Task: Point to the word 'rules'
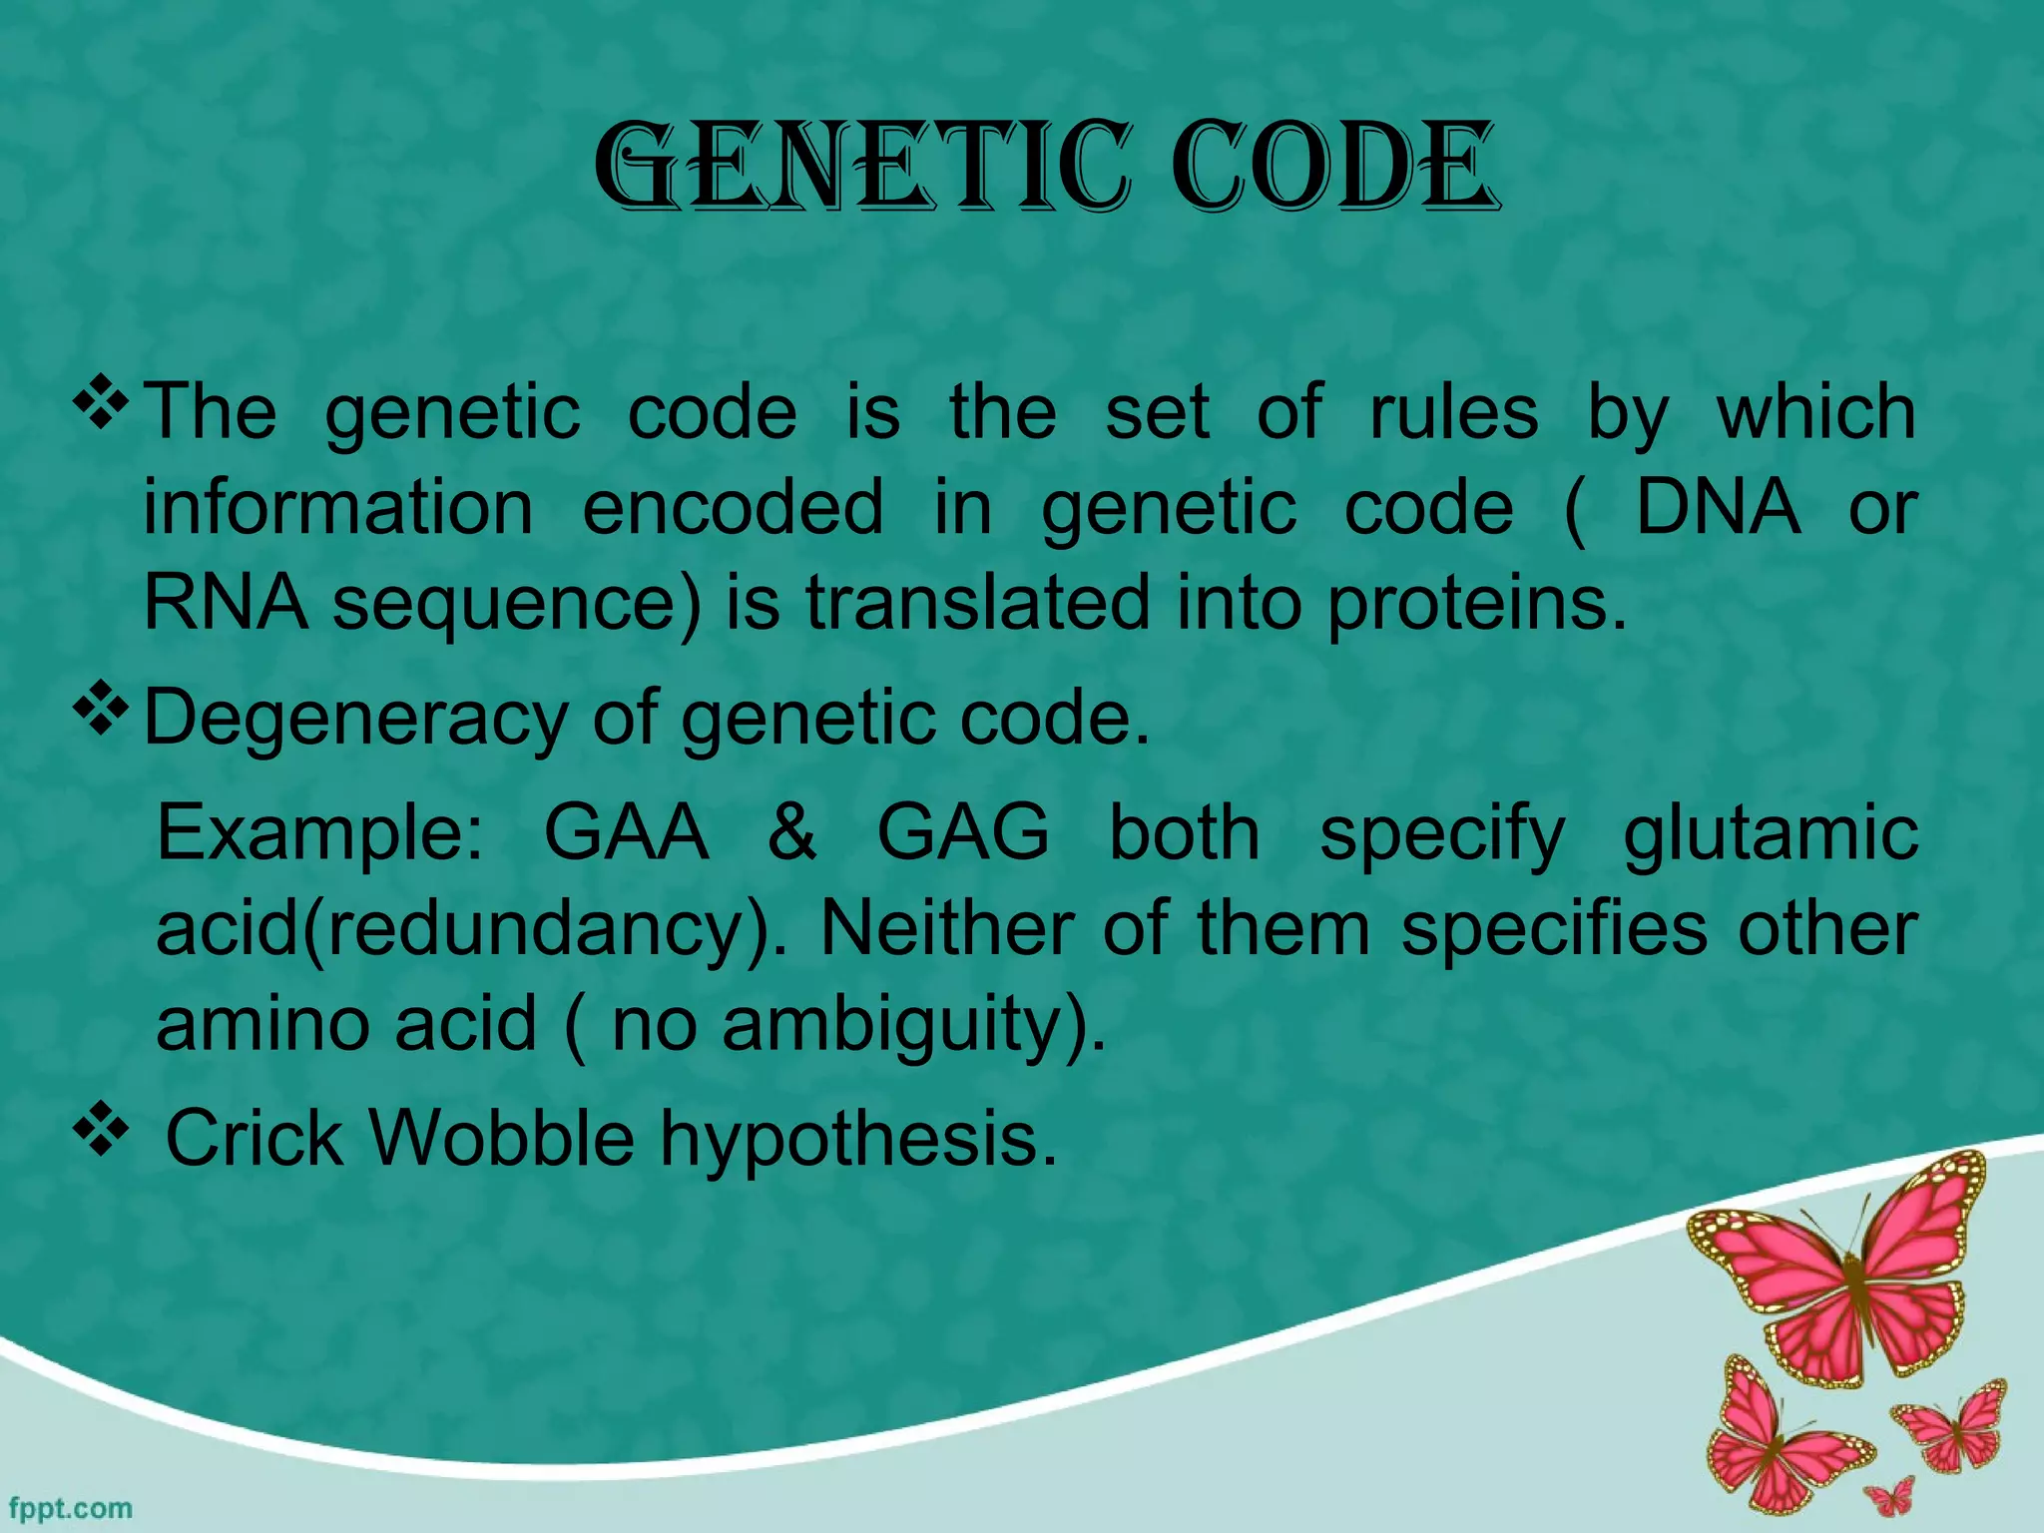point(1453,412)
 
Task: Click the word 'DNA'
point(1717,508)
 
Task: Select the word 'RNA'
point(226,603)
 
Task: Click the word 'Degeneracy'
point(354,719)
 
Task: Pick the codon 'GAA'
point(626,832)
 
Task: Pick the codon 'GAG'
point(962,832)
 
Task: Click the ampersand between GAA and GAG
point(792,832)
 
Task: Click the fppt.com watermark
point(70,1507)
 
